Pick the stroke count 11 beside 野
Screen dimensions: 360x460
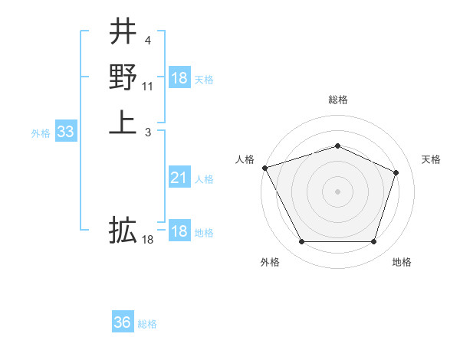tap(149, 86)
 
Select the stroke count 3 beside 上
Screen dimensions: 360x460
tap(147, 133)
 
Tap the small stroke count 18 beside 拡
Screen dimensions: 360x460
tap(149, 241)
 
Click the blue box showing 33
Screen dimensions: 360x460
tap(66, 133)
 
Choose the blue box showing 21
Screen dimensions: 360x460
tap(179, 178)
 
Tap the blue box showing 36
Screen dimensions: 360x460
tap(123, 322)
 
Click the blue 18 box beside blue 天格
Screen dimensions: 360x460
tap(179, 78)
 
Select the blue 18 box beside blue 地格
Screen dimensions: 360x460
tap(179, 231)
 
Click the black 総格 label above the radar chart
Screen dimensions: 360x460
tap(337, 100)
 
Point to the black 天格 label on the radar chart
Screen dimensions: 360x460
tap(431, 159)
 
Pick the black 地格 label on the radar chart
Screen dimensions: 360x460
tap(402, 262)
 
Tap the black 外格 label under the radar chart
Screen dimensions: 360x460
tap(270, 262)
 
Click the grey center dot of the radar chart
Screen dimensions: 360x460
tap(337, 191)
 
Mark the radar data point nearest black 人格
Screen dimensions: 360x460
tap(264, 168)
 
